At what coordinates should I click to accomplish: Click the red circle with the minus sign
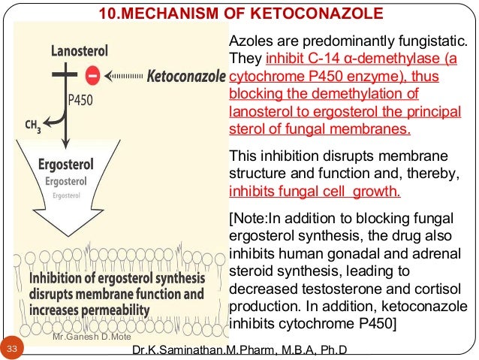tap(92, 75)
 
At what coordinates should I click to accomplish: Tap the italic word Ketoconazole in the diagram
tap(186, 76)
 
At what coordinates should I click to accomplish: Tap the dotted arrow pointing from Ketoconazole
tap(125, 75)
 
